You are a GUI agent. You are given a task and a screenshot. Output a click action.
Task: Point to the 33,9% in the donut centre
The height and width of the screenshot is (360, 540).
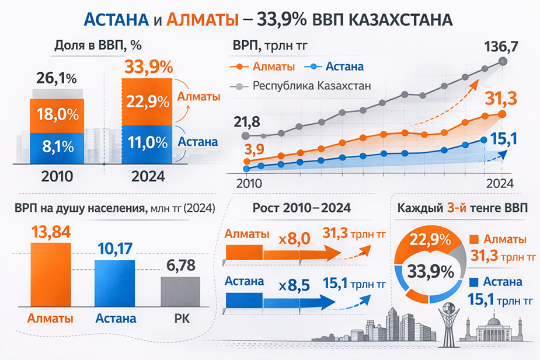[x=431, y=271]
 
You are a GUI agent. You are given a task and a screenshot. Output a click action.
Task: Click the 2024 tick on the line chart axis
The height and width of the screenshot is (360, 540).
[x=500, y=182]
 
